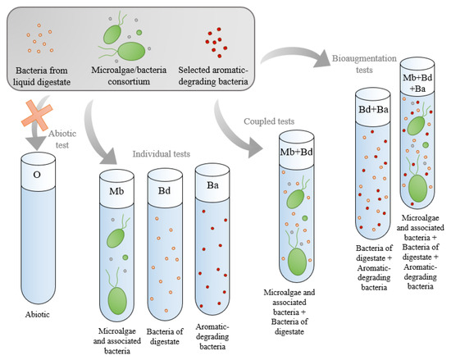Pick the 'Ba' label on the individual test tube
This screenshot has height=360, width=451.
(212, 185)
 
